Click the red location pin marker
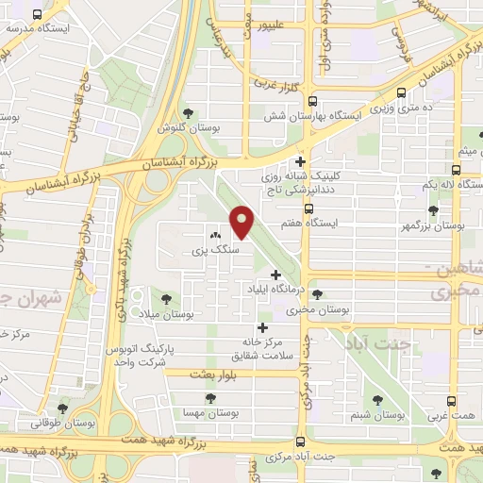pyautogui.click(x=243, y=223)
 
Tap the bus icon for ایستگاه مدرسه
pyautogui.click(x=37, y=14)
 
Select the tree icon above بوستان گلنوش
pyautogui.click(x=189, y=113)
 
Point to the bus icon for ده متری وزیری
pyautogui.click(x=403, y=92)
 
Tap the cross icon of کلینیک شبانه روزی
pyautogui.click(x=301, y=161)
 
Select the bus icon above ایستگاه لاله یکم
pyautogui.click(x=457, y=171)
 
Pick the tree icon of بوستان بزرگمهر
pyautogui.click(x=432, y=210)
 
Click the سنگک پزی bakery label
pyautogui.click(x=211, y=251)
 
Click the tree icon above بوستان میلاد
pyautogui.click(x=166, y=298)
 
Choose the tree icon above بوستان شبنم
pyautogui.click(x=378, y=400)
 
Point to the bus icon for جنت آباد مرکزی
pyautogui.click(x=300, y=441)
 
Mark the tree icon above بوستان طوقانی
pyautogui.click(x=62, y=409)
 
